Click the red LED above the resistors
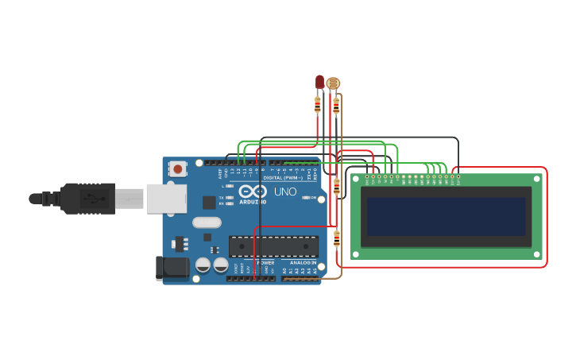pyautogui.click(x=319, y=81)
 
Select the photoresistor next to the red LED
pyautogui.click(x=334, y=83)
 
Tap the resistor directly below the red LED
pyautogui.click(x=318, y=104)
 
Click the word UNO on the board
pyautogui.click(x=285, y=192)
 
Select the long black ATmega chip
pyautogui.click(x=273, y=246)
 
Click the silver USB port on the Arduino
pyautogui.click(x=166, y=199)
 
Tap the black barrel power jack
pyautogui.click(x=172, y=269)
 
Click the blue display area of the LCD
pyautogui.click(x=446, y=217)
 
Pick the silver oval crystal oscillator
pyautogui.click(x=206, y=223)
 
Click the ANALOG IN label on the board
pyautogui.click(x=302, y=262)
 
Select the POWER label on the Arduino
pyautogui.click(x=265, y=262)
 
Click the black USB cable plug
pyautogui.click(x=87, y=198)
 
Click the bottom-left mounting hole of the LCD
pyautogui.click(x=355, y=254)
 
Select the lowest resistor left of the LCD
pyautogui.click(x=336, y=237)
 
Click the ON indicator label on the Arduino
pyautogui.click(x=313, y=197)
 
